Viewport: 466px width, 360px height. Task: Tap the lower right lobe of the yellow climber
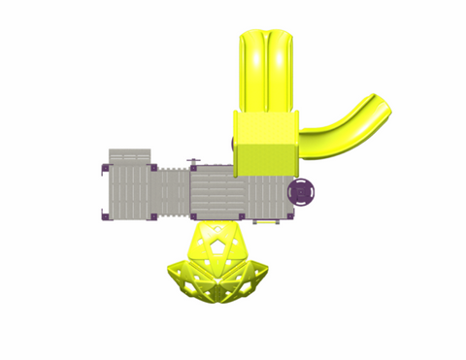(x=251, y=280)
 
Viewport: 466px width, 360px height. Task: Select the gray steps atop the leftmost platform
(x=129, y=156)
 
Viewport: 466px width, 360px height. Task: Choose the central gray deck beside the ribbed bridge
(x=216, y=190)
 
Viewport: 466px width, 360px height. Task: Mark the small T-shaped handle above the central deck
(x=193, y=160)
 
